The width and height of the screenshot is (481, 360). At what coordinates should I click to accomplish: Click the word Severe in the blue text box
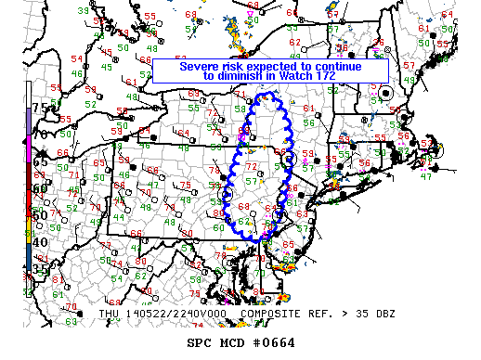pyautogui.click(x=201, y=67)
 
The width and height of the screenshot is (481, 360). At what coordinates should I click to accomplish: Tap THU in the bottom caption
pyautogui.click(x=109, y=314)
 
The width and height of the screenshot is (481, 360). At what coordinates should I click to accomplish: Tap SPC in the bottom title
pyautogui.click(x=200, y=341)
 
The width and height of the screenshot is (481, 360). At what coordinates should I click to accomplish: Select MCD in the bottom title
pyautogui.click(x=232, y=341)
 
